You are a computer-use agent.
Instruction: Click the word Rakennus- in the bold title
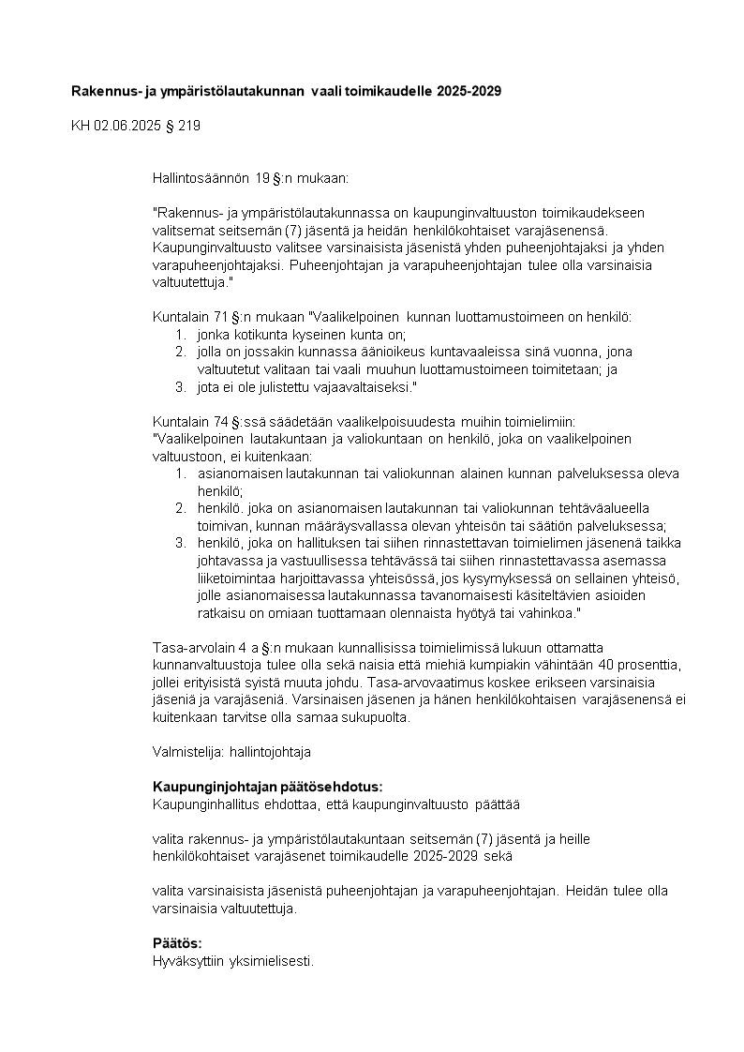(x=104, y=91)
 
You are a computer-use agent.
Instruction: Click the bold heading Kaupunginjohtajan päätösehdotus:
(x=267, y=786)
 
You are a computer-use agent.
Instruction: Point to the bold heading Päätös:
(x=177, y=943)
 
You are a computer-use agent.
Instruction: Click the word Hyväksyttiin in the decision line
(x=185, y=961)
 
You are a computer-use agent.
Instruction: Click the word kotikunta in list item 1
(x=252, y=334)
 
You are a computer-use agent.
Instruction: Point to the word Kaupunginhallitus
(x=208, y=804)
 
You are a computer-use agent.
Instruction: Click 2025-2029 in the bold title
(x=469, y=91)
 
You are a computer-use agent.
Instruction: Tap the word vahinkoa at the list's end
(x=553, y=612)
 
